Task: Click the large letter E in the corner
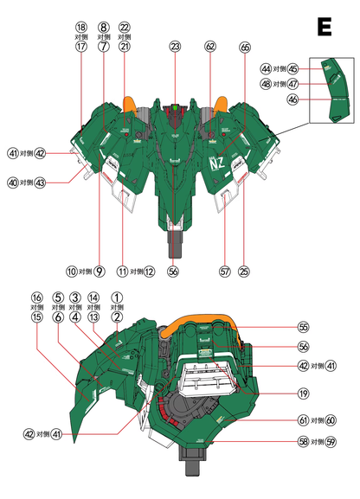(x=325, y=27)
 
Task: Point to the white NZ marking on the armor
(x=216, y=161)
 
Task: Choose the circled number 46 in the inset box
(x=293, y=99)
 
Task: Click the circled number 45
(x=293, y=68)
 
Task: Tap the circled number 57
(x=225, y=272)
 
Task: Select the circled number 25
(x=243, y=272)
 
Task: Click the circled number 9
(x=100, y=272)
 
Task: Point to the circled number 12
(x=150, y=272)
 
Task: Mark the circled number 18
(x=81, y=28)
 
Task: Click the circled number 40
(x=12, y=182)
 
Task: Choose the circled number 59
(x=330, y=441)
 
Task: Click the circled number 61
(x=303, y=419)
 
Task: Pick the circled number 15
(x=36, y=317)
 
